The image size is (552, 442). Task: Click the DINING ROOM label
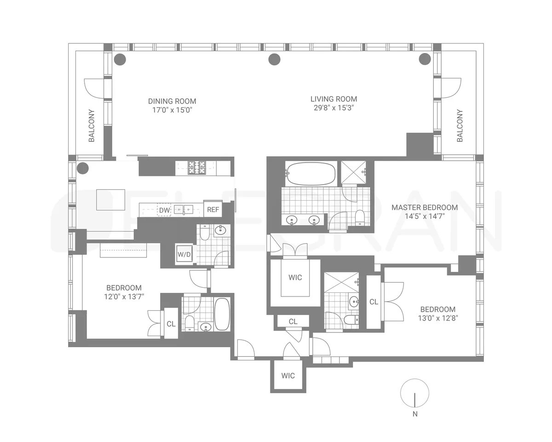click(x=172, y=101)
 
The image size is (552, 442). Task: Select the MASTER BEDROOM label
click(x=425, y=207)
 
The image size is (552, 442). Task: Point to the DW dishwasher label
click(x=164, y=210)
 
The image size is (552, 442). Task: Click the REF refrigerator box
click(x=213, y=209)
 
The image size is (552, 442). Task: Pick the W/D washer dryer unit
click(x=184, y=254)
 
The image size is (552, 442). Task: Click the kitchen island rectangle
click(x=110, y=199)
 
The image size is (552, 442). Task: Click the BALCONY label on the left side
click(x=92, y=125)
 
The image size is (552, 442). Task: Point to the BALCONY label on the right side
click(x=460, y=125)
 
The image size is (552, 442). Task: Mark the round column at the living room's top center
click(x=274, y=59)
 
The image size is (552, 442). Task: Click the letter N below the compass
click(x=415, y=414)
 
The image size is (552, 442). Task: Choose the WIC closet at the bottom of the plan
click(x=288, y=376)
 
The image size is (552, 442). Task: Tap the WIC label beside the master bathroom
click(x=295, y=278)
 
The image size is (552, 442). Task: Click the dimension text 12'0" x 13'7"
click(x=124, y=297)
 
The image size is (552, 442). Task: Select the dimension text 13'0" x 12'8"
click(x=437, y=318)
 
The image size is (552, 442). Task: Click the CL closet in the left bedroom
click(x=171, y=324)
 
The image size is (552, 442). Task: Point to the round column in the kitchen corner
click(x=82, y=168)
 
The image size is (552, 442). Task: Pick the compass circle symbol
click(x=415, y=393)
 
